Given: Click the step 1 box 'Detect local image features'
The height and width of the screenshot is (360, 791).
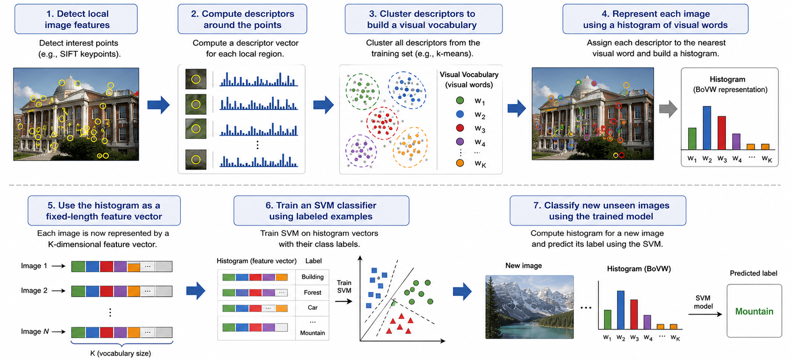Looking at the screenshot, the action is point(76,19).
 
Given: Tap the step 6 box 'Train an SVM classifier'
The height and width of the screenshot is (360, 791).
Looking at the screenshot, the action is point(321,211).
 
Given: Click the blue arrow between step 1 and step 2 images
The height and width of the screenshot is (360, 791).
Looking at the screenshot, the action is point(159,105).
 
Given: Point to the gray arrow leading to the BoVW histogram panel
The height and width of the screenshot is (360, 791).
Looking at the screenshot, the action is point(668,109).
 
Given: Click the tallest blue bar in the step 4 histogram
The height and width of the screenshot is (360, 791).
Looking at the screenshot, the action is point(707,128).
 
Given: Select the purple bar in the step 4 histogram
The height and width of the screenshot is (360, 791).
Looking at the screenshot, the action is point(736,142).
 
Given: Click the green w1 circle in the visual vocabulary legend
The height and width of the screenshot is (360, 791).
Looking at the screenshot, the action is point(460,100).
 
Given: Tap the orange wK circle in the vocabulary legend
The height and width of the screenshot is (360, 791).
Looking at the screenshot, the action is point(460,163).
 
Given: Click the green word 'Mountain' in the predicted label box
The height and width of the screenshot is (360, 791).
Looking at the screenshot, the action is point(754,311).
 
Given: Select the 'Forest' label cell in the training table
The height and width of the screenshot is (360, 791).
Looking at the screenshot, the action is point(313,293).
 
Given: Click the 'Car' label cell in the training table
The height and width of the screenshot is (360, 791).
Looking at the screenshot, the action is point(313,308).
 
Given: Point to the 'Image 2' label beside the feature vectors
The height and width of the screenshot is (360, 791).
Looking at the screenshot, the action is point(34,290).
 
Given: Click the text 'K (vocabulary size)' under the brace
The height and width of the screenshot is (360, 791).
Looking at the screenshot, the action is point(120,353).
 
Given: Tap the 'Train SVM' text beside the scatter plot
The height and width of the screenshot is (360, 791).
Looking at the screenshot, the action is point(344,286).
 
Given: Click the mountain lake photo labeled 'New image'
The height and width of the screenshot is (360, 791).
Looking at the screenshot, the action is point(529,307).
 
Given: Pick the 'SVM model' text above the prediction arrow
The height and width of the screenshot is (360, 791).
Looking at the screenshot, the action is point(703,302).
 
